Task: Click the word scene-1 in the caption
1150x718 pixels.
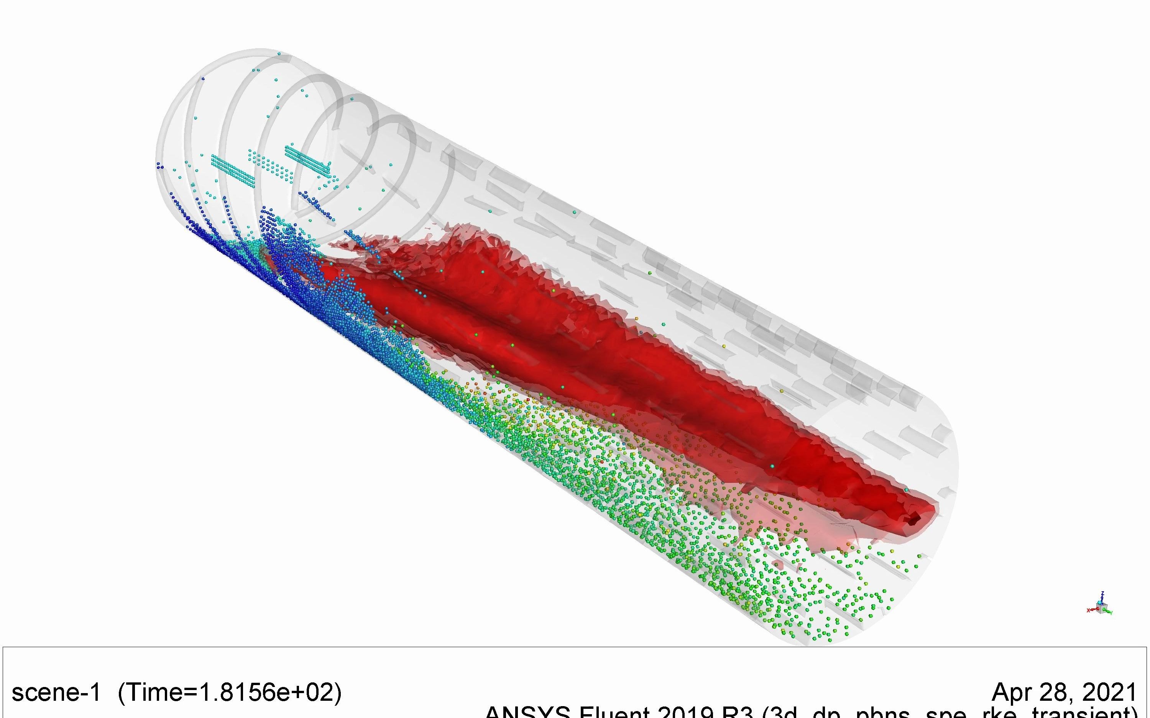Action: click(x=56, y=692)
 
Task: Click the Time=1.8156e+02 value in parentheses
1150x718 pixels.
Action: click(x=229, y=692)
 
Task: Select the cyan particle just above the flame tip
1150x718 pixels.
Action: click(x=906, y=489)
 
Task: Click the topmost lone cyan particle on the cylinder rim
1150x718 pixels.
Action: click(x=279, y=54)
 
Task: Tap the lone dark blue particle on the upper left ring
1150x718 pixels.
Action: click(x=203, y=79)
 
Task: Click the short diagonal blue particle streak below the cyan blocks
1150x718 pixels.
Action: click(x=316, y=205)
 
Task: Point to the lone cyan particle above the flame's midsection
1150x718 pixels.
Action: click(x=574, y=212)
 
